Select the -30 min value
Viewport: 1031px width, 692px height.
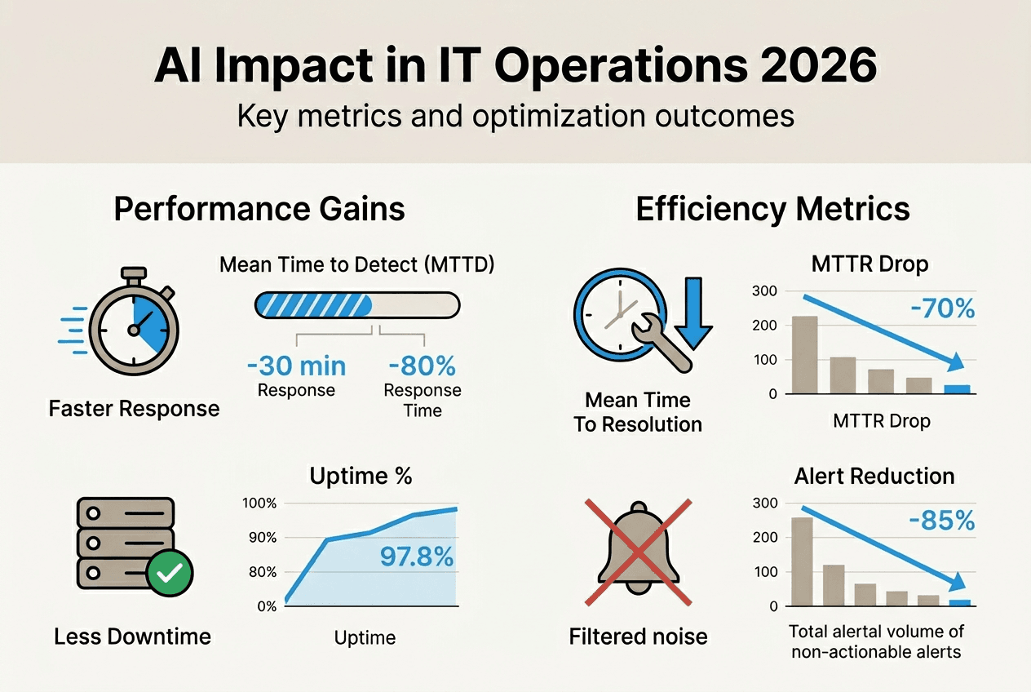tap(296, 365)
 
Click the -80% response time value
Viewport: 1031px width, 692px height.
tap(422, 365)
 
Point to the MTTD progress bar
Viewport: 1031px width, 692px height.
tap(357, 305)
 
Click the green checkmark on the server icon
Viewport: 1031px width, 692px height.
tap(169, 573)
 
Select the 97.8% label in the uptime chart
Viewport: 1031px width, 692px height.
tap(416, 557)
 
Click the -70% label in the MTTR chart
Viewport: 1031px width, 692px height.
tap(941, 309)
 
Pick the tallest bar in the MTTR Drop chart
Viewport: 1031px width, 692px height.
tap(804, 354)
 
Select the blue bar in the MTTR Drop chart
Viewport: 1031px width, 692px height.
tap(957, 389)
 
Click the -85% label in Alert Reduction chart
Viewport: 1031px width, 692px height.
tap(941, 521)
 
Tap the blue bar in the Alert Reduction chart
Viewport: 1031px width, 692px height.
tap(960, 603)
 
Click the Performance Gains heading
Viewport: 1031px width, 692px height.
tap(259, 209)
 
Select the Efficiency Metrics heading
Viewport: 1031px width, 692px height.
tap(772, 209)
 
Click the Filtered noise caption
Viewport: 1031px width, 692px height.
tap(638, 637)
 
